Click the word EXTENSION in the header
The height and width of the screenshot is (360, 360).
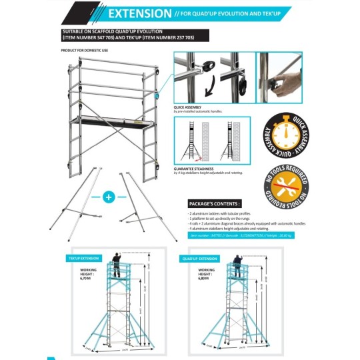(x=139, y=13)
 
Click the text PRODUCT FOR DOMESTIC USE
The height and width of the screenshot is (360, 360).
(x=83, y=50)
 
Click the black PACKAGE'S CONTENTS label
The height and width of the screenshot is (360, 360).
(x=215, y=203)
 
